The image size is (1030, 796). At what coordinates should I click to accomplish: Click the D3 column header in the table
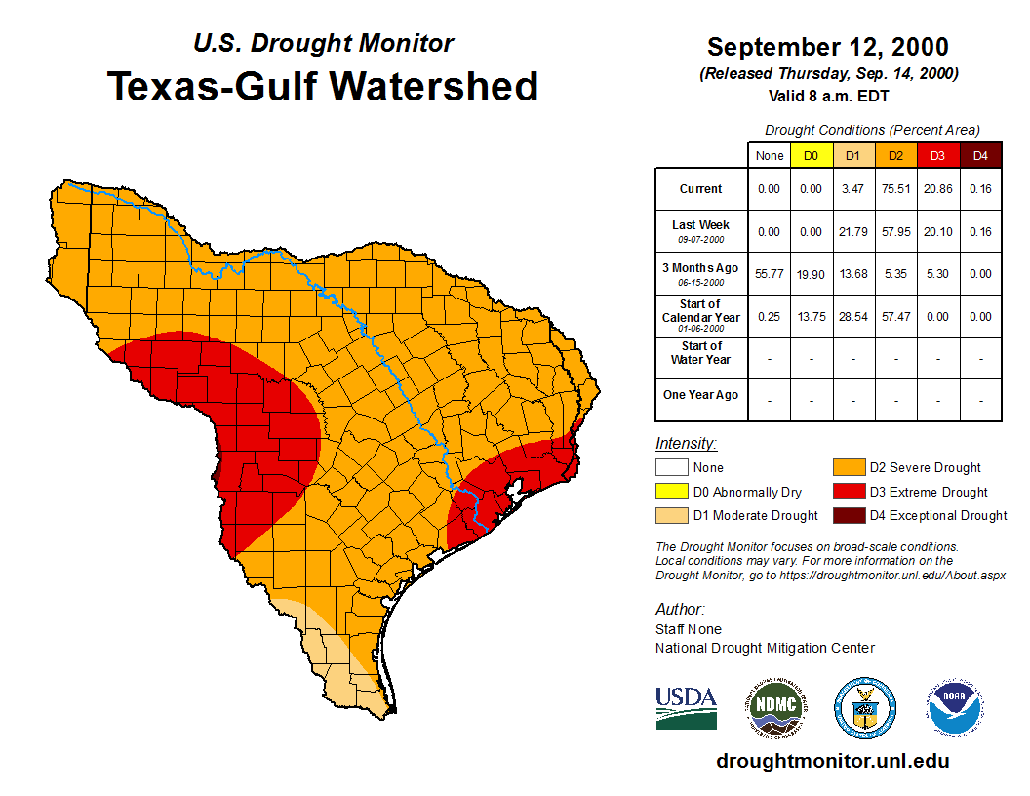pos(937,156)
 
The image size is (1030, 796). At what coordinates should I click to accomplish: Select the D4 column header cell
pos(980,156)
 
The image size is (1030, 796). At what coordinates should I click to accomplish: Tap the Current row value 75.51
pos(895,189)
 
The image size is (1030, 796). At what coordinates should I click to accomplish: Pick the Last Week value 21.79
pos(853,232)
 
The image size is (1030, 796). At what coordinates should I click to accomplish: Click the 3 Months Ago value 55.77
pos(770,274)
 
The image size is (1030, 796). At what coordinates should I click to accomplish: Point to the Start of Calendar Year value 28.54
pos(853,317)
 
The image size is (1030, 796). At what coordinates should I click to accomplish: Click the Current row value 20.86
pos(937,189)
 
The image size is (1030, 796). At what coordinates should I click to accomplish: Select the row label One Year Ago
pos(700,395)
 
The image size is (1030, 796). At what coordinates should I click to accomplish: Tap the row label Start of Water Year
pos(700,352)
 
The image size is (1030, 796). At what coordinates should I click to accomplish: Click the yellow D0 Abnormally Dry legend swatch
pos(670,492)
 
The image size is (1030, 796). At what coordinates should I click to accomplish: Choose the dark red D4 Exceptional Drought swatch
pos(847,515)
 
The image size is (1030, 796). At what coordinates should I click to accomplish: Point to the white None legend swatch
pos(670,468)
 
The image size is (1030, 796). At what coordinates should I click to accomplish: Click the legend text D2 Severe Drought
pos(925,468)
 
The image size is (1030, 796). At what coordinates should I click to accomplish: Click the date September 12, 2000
pos(827,47)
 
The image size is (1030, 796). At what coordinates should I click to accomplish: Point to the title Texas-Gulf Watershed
pos(322,86)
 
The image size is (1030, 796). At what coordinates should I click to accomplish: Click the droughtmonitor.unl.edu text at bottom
pos(832,761)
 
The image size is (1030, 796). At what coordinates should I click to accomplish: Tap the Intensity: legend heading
pos(686,444)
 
